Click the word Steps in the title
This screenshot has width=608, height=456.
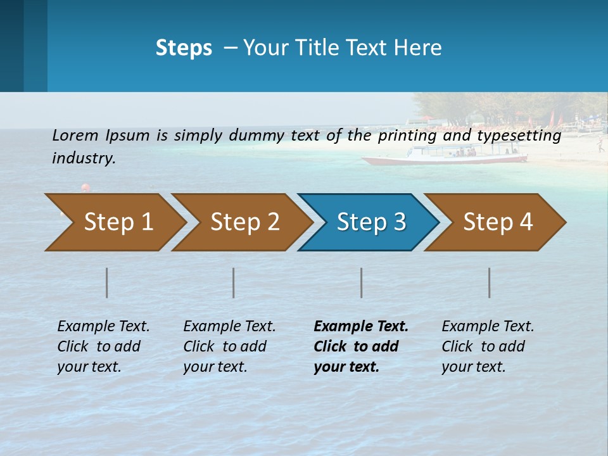(x=184, y=48)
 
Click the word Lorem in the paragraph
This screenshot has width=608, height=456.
(x=75, y=135)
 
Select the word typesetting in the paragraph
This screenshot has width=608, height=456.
(x=519, y=136)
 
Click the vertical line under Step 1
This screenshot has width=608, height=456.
(x=107, y=282)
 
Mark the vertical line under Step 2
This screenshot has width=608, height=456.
(x=234, y=282)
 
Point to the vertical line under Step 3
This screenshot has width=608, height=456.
(x=362, y=282)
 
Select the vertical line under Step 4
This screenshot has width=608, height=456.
(x=490, y=282)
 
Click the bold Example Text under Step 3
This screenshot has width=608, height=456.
(x=361, y=327)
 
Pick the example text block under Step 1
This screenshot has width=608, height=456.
(x=103, y=346)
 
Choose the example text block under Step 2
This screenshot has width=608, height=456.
(x=229, y=346)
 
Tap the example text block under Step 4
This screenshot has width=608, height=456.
(x=488, y=346)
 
